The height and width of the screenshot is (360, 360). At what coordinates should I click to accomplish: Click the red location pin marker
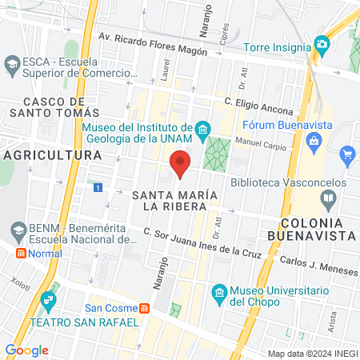pos(181,164)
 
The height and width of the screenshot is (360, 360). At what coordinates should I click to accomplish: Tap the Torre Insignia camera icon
pos(322,43)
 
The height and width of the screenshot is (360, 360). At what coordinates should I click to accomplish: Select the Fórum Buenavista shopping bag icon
pos(314,141)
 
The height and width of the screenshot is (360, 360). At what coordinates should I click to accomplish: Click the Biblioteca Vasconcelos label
pos(288,182)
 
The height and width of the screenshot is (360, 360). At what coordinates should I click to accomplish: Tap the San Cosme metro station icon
pos(143,308)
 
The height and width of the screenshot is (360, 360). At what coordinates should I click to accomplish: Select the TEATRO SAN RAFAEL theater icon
pos(48,301)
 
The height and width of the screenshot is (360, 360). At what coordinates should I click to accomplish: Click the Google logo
pos(26,350)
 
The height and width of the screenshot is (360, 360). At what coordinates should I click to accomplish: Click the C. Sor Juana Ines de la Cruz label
pos(203,242)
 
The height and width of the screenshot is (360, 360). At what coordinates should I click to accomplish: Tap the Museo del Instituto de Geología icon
pos(203,129)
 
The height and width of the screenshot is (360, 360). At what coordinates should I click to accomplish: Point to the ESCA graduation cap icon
pos(12,62)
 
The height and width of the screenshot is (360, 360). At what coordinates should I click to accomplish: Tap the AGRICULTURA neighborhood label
pos(52,154)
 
